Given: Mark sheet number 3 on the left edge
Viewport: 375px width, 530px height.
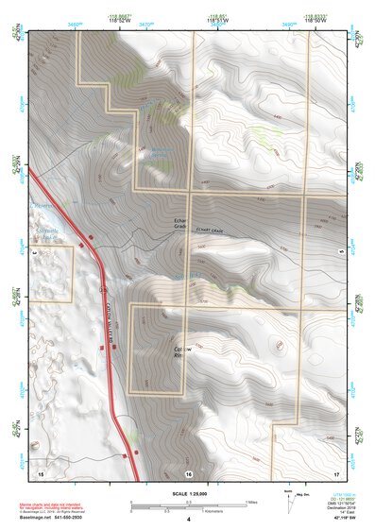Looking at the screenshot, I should (x=35, y=253).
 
